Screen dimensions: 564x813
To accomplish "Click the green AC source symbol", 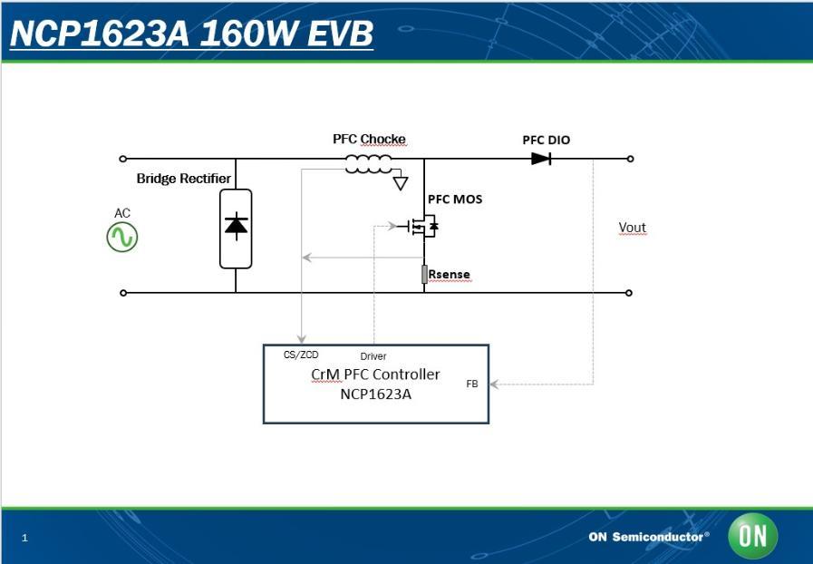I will click(122, 238).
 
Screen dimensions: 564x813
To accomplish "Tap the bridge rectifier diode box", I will click(236, 228).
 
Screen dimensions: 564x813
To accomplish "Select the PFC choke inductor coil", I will click(368, 164).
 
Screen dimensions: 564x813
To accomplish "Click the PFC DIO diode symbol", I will click(541, 159).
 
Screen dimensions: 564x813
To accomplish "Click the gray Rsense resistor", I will click(424, 274).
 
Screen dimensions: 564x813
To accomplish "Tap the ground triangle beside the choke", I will click(401, 183).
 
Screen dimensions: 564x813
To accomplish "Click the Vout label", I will click(632, 228).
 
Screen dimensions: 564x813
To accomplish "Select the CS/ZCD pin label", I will click(301, 355).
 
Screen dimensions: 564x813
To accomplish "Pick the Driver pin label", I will click(373, 356).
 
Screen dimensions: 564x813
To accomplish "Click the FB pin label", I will click(472, 384).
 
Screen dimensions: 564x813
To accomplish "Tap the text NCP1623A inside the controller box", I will click(375, 394).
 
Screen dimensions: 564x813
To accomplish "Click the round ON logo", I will click(752, 536).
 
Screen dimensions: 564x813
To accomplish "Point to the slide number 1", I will click(24, 539).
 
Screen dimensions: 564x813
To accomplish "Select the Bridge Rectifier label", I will click(184, 179).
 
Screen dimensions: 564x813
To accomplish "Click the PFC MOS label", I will click(455, 199).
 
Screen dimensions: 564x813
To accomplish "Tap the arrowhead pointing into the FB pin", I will click(495, 384).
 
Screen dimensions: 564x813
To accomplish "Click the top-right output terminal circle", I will click(630, 159).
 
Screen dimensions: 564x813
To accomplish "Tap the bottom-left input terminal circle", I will click(123, 293).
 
